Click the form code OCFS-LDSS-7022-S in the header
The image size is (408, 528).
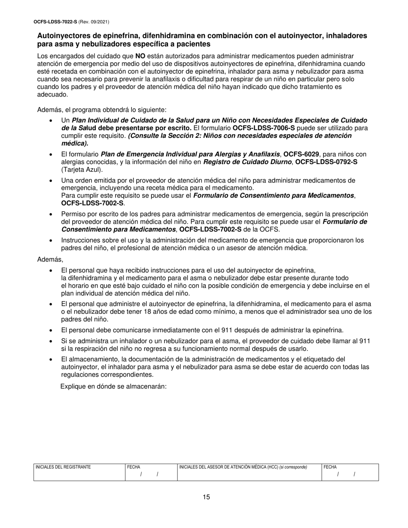(x=55, y=21)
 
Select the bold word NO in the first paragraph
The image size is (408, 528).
(x=140, y=56)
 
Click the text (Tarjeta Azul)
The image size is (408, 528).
(x=82, y=170)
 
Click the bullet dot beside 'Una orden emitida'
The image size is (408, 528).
(x=52, y=180)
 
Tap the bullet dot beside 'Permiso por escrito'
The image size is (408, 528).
(x=52, y=214)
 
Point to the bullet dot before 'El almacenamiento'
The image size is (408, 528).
(x=52, y=359)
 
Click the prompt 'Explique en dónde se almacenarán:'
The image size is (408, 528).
(x=113, y=386)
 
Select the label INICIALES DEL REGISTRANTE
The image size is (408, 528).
(x=63, y=467)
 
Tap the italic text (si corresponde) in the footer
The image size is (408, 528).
(x=293, y=467)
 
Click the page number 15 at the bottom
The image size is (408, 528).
(x=206, y=497)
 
